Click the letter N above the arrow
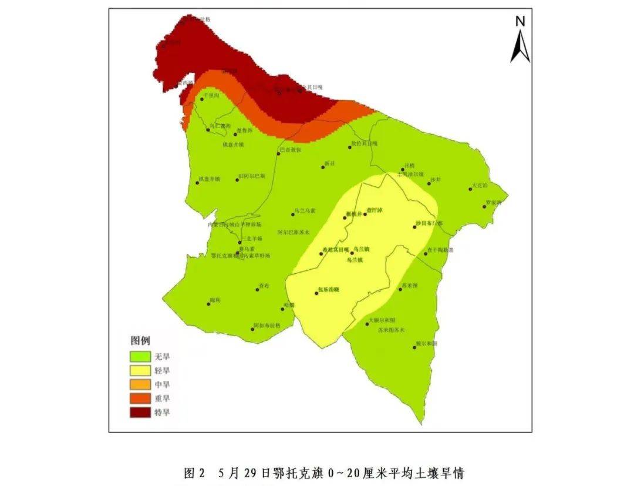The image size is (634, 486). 520,22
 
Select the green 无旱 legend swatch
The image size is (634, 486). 140,356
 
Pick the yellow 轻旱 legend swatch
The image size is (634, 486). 140,370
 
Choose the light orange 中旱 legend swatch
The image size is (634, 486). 140,384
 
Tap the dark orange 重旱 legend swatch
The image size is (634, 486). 140,398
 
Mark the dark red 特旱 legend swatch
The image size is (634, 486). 140,413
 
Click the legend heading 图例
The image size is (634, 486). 140,341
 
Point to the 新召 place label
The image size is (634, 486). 329,164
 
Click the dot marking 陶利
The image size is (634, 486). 210,304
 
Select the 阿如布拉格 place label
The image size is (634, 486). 268,325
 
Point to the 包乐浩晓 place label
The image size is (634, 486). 329,289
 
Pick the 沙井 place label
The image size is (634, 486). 435,179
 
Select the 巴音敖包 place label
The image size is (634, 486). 291,150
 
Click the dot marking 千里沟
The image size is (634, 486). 202,99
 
